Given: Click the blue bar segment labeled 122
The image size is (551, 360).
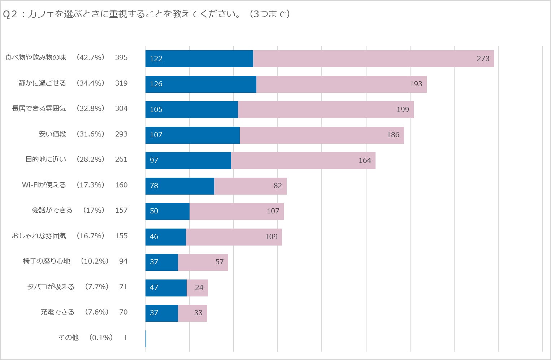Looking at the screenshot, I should pyautogui.click(x=199, y=58).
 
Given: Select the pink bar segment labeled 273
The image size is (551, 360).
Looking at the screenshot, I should pyautogui.click(x=373, y=58).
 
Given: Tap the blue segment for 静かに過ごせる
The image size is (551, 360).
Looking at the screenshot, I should pyautogui.click(x=201, y=84).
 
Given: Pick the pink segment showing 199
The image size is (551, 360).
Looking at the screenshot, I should pyautogui.click(x=326, y=109).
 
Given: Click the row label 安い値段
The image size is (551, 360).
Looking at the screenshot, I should pyautogui.click(x=53, y=134).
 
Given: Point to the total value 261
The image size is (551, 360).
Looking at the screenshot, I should pyautogui.click(x=121, y=159).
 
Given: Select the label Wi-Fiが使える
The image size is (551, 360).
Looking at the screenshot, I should pyautogui.click(x=44, y=185).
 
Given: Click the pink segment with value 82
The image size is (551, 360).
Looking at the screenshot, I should pyautogui.click(x=250, y=186).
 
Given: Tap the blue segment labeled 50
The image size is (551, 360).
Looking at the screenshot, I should pyautogui.click(x=167, y=211).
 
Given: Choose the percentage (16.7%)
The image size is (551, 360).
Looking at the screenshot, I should pyautogui.click(x=90, y=236).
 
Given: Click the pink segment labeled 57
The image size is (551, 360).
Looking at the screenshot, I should pyautogui.click(x=203, y=262).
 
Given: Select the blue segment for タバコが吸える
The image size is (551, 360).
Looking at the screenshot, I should pyautogui.click(x=166, y=288).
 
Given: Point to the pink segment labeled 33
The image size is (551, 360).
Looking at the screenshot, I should pyautogui.click(x=192, y=313).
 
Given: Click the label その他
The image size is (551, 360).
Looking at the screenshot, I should pyautogui.click(x=69, y=338).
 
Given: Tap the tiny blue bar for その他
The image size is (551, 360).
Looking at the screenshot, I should pyautogui.click(x=146, y=339).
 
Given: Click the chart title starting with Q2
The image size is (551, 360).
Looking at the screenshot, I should pyautogui.click(x=146, y=14).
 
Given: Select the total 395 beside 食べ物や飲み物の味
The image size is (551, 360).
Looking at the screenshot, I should pyautogui.click(x=121, y=57).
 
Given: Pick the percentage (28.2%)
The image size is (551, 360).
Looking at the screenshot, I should pyautogui.click(x=90, y=159).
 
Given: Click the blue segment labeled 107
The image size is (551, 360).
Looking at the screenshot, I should pyautogui.click(x=192, y=135).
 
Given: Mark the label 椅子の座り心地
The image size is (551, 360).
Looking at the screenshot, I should pyautogui.click(x=47, y=261).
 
